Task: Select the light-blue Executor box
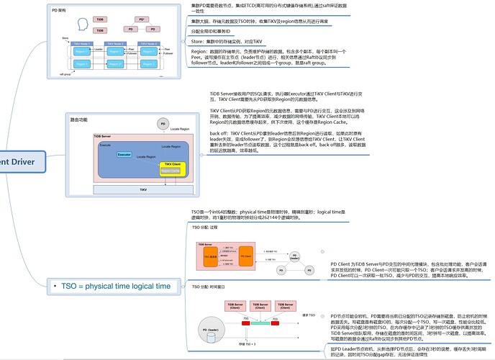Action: (x=124, y=155)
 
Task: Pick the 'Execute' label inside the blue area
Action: (x=105, y=145)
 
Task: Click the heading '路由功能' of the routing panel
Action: (x=78, y=119)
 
